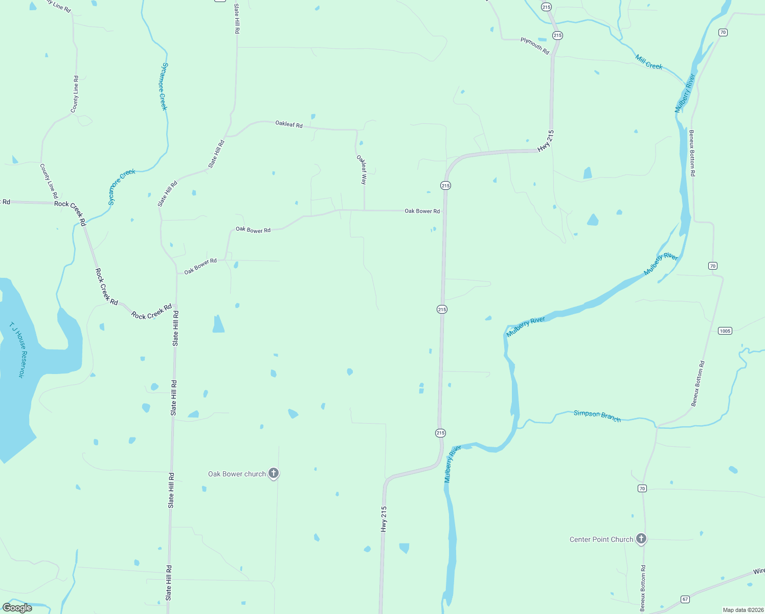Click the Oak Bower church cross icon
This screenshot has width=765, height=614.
pyautogui.click(x=274, y=473)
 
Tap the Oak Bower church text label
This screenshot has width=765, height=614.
pyautogui.click(x=237, y=474)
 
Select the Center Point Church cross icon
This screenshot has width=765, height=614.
pyautogui.click(x=641, y=539)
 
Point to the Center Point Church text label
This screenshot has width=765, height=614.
pyautogui.click(x=601, y=540)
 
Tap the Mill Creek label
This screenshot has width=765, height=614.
pyautogui.click(x=648, y=62)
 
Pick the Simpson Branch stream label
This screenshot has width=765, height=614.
pyautogui.click(x=597, y=416)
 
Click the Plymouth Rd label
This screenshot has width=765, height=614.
pyautogui.click(x=535, y=46)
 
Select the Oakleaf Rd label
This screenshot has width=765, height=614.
pyautogui.click(x=289, y=124)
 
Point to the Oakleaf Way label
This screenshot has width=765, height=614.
pyautogui.click(x=362, y=169)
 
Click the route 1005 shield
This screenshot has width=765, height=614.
pyautogui.click(x=725, y=331)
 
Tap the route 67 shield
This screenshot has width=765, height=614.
pyautogui.click(x=685, y=599)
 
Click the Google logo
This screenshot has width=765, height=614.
pyautogui.click(x=17, y=608)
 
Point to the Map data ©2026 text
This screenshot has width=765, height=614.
pyautogui.click(x=742, y=610)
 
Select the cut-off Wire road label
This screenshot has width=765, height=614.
pyautogui.click(x=758, y=571)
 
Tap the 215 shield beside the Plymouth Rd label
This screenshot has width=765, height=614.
pyautogui.click(x=557, y=35)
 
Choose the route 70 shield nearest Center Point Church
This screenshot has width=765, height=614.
pyautogui.click(x=642, y=489)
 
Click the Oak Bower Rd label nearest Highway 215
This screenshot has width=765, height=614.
pyautogui.click(x=422, y=211)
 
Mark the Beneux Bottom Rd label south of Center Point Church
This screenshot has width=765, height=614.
pyautogui.click(x=643, y=588)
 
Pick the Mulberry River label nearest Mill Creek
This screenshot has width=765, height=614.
pyautogui.click(x=685, y=94)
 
